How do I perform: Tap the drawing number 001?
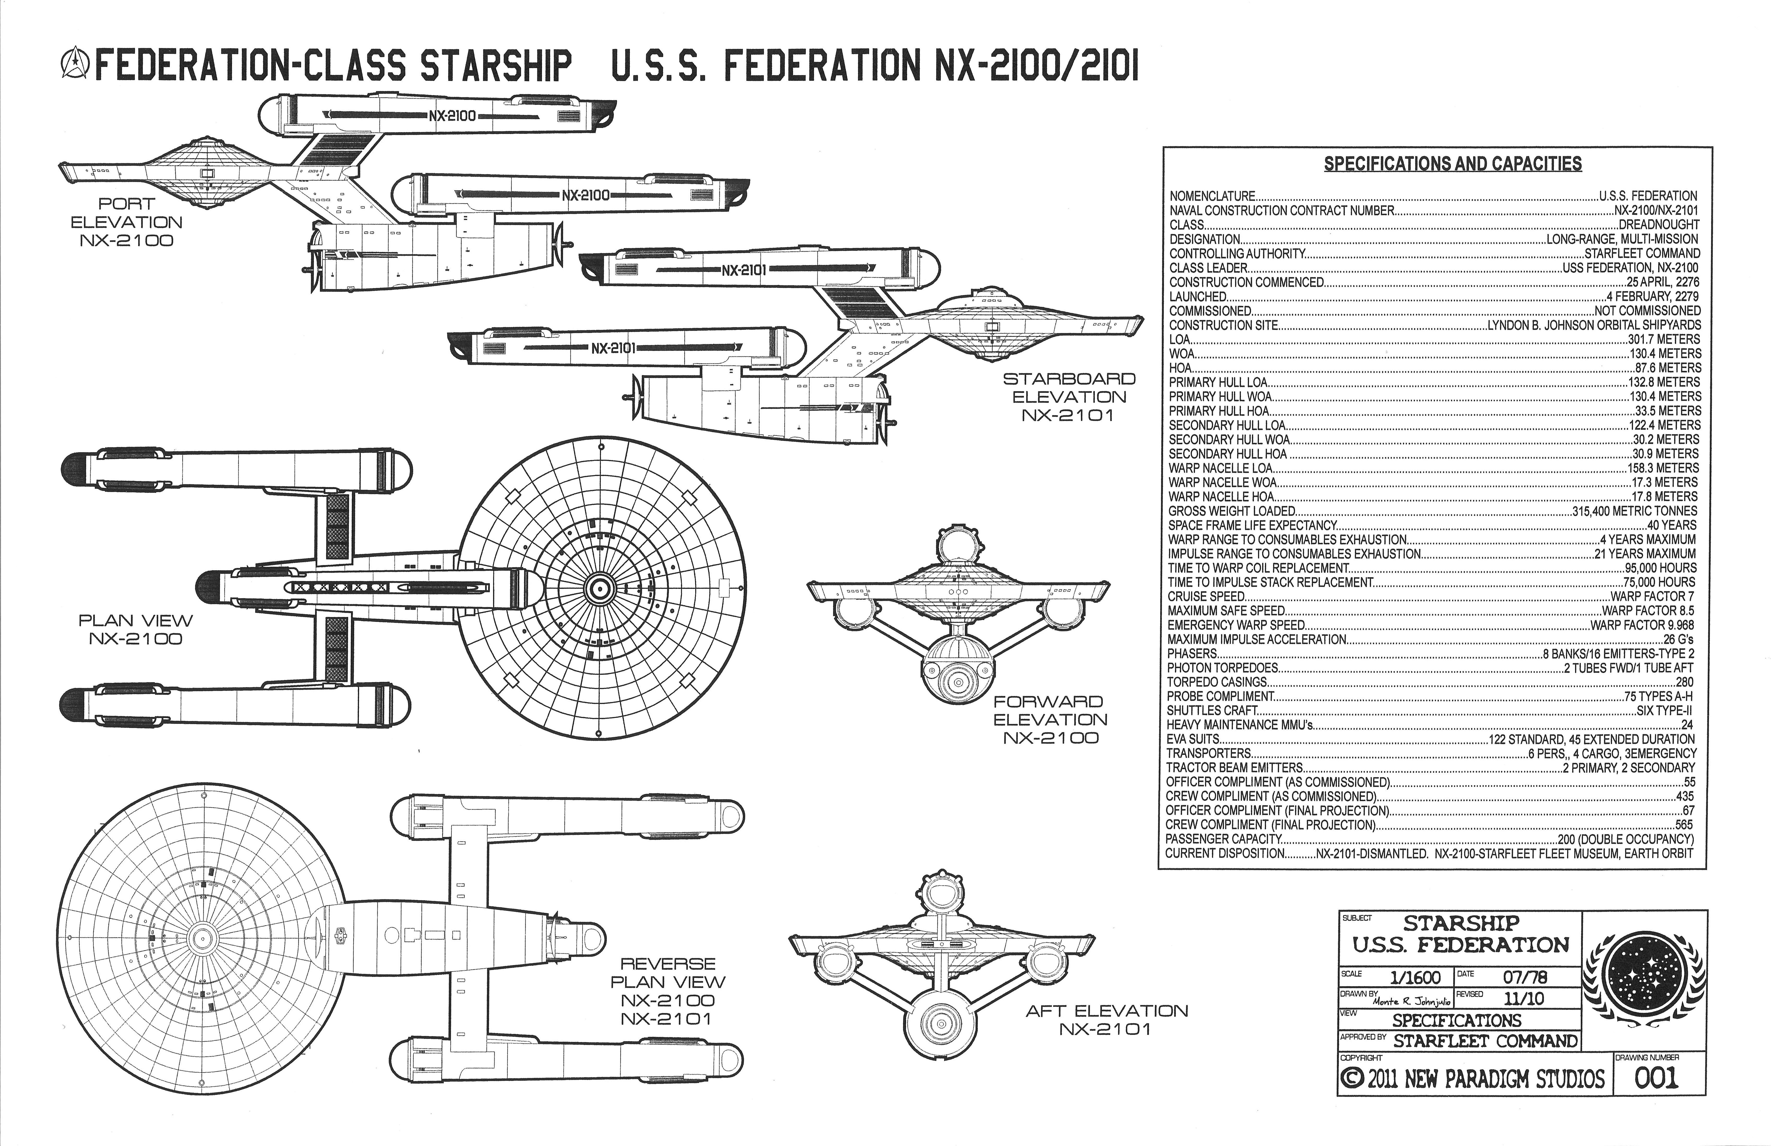[1657, 1077]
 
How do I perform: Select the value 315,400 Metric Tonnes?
[1634, 511]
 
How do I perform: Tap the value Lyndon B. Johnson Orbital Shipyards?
[1594, 325]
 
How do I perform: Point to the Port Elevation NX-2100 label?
[126, 222]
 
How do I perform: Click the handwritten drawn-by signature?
[1411, 1002]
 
